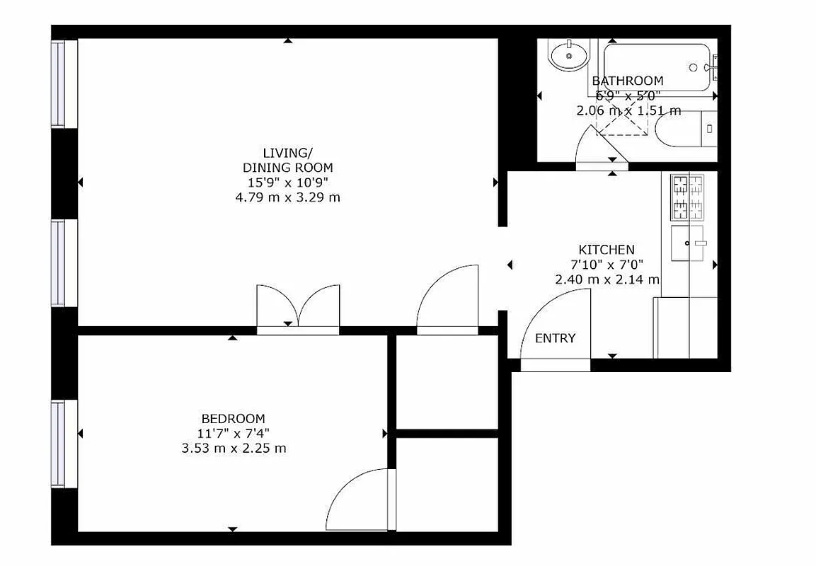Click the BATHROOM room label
[x=627, y=81]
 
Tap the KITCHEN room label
[x=607, y=250]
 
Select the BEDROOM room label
[x=233, y=418]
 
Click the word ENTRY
[x=555, y=338]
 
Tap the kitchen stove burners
[x=687, y=196]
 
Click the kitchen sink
[x=689, y=243]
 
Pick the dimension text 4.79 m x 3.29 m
[x=287, y=197]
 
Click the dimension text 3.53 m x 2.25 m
[x=234, y=448]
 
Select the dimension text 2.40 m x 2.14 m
[x=607, y=279]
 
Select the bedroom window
[x=64, y=444]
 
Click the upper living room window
[x=64, y=83]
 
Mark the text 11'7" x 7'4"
[x=234, y=433]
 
